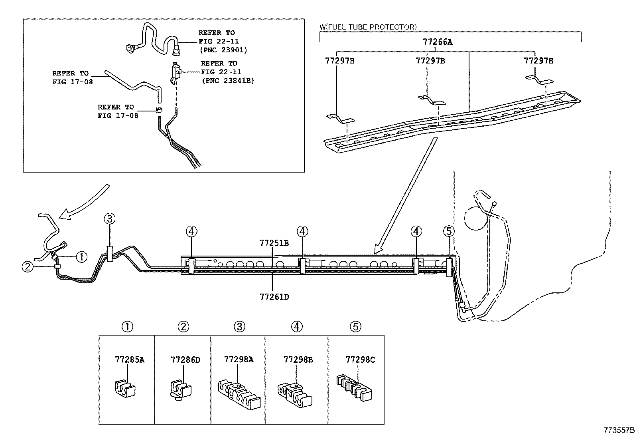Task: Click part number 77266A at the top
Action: coord(438,42)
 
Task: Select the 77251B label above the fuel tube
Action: coord(274,243)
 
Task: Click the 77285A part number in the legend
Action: coord(129,360)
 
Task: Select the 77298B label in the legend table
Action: coord(298,360)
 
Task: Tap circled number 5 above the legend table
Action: coord(355,327)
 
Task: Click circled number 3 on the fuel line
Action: coord(110,219)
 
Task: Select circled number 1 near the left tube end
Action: coord(81,256)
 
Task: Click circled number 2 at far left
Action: coord(27,266)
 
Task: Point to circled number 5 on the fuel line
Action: coord(449,231)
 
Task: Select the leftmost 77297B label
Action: coord(340,61)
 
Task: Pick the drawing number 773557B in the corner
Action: coord(618,431)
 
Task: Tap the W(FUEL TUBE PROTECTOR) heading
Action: coord(368,27)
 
